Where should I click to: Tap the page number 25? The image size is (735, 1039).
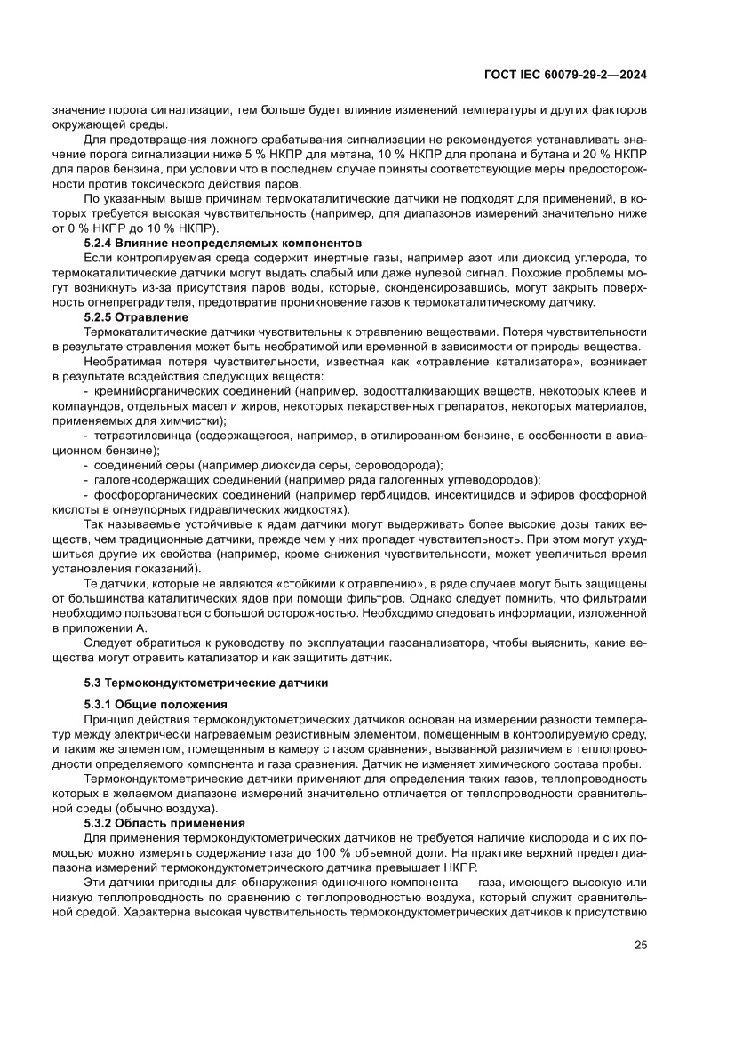coord(640,945)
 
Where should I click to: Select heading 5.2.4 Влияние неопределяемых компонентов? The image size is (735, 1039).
coord(223,242)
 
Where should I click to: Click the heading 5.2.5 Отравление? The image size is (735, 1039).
coord(136,316)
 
